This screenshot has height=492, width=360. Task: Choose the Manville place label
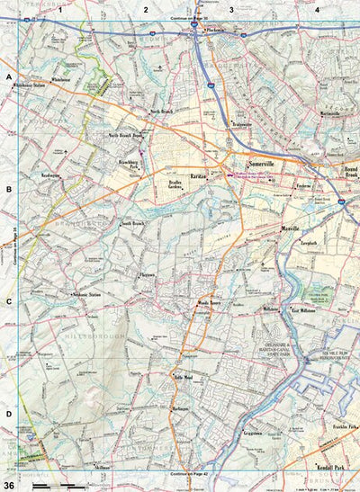coord(290,228)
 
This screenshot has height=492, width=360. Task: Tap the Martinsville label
coord(334,113)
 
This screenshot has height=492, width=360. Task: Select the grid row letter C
coord(9,300)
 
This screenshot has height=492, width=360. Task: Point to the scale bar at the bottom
coord(59,485)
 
